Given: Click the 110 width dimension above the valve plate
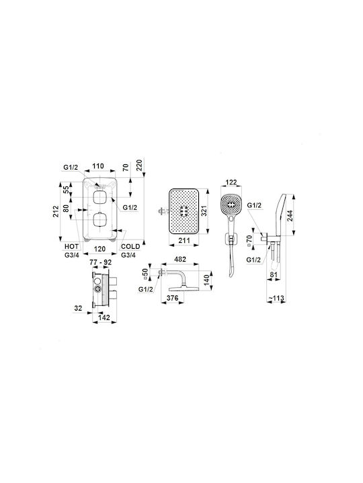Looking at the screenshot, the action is (x=98, y=166).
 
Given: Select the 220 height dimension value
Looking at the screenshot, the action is (x=140, y=166).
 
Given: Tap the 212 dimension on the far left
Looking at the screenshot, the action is (x=56, y=211).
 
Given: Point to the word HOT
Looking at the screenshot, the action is (x=71, y=246).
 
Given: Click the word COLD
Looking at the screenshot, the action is (x=130, y=246).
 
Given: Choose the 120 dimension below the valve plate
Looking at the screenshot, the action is (x=99, y=249).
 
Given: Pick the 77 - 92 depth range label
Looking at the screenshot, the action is (x=100, y=262).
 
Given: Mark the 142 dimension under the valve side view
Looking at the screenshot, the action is (x=104, y=317).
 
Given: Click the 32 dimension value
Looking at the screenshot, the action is (x=78, y=308).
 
